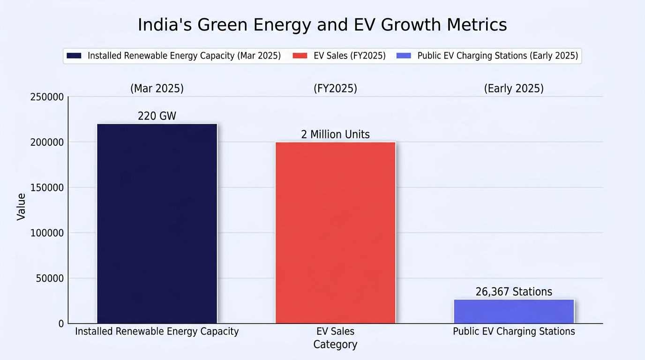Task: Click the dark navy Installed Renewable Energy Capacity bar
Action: (x=157, y=224)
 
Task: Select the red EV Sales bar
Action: (x=336, y=232)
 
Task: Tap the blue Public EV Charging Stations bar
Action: (x=514, y=311)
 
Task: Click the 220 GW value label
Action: (x=157, y=116)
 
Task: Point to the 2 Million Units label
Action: (x=336, y=135)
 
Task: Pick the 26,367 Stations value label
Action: (x=514, y=292)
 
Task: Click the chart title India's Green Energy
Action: (x=322, y=25)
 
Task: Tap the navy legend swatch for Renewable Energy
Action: (x=74, y=56)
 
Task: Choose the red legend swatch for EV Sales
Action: (x=300, y=56)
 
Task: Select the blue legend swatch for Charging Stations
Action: (x=404, y=56)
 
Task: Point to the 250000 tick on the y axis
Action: (x=47, y=97)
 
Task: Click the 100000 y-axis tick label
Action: (x=47, y=233)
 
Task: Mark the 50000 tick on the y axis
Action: (x=50, y=278)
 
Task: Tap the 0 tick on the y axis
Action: (x=61, y=324)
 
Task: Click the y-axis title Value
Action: (x=21, y=207)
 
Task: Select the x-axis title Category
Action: (x=336, y=345)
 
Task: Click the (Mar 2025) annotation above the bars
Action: (x=157, y=88)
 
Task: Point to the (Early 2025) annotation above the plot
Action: (x=514, y=88)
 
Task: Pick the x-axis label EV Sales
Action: (x=336, y=331)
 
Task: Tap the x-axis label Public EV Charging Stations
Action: (x=514, y=331)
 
